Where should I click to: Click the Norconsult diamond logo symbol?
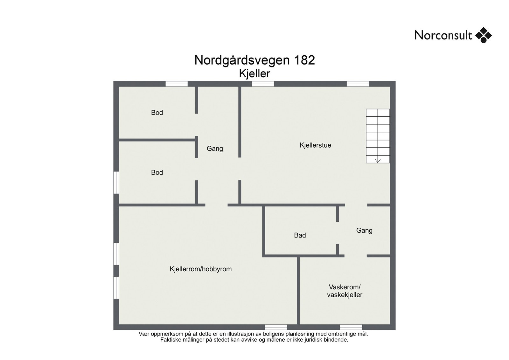tap(483, 35)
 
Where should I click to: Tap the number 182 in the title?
tap(304, 60)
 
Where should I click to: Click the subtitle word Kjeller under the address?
tap(254, 74)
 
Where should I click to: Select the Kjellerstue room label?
tap(315, 145)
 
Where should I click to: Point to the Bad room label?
tap(300, 235)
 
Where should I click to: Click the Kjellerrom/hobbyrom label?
tap(200, 269)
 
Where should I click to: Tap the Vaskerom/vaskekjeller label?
tap(345, 291)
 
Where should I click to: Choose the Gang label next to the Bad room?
tap(364, 231)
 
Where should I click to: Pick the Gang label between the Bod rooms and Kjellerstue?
tap(215, 149)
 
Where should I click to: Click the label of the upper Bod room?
tap(157, 113)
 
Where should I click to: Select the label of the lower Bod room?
tap(157, 172)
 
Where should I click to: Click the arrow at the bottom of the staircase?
tap(378, 160)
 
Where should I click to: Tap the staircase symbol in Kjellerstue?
tap(378, 136)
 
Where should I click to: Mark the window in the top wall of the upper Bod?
tap(177, 84)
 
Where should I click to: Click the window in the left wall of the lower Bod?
tap(116, 183)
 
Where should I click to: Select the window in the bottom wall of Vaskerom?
tap(351, 327)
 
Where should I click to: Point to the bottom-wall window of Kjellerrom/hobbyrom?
tap(276, 327)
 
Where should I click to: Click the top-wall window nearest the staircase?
tap(358, 84)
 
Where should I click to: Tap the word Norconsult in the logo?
tap(443, 35)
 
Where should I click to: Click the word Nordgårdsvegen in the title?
tap(241, 60)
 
